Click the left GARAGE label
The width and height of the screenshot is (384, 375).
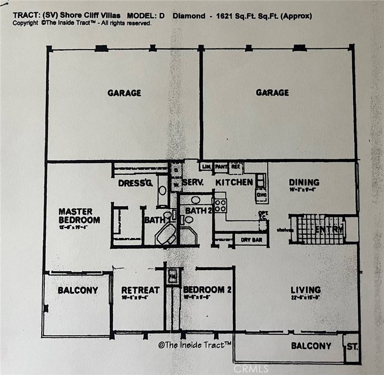pos(124,92)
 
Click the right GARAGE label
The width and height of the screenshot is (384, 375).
pos(272,92)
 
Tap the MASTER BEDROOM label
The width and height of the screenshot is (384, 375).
pos(79,216)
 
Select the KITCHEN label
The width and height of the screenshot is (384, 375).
pos(234,182)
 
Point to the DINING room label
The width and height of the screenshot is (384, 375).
pos(304,182)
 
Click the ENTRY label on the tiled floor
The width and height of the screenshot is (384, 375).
pos(329,230)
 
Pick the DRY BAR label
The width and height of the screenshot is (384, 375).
pos(251,240)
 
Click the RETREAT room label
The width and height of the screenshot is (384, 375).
pos(140,290)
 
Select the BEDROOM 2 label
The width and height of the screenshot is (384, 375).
pos(207,290)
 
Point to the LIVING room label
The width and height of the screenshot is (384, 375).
pos(306,290)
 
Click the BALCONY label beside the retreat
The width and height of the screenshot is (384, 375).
pos(78,290)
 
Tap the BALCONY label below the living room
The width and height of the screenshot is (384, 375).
pos(311,345)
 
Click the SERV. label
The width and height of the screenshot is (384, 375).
pos(192,182)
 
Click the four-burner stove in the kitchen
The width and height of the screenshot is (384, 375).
pos(220,205)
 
